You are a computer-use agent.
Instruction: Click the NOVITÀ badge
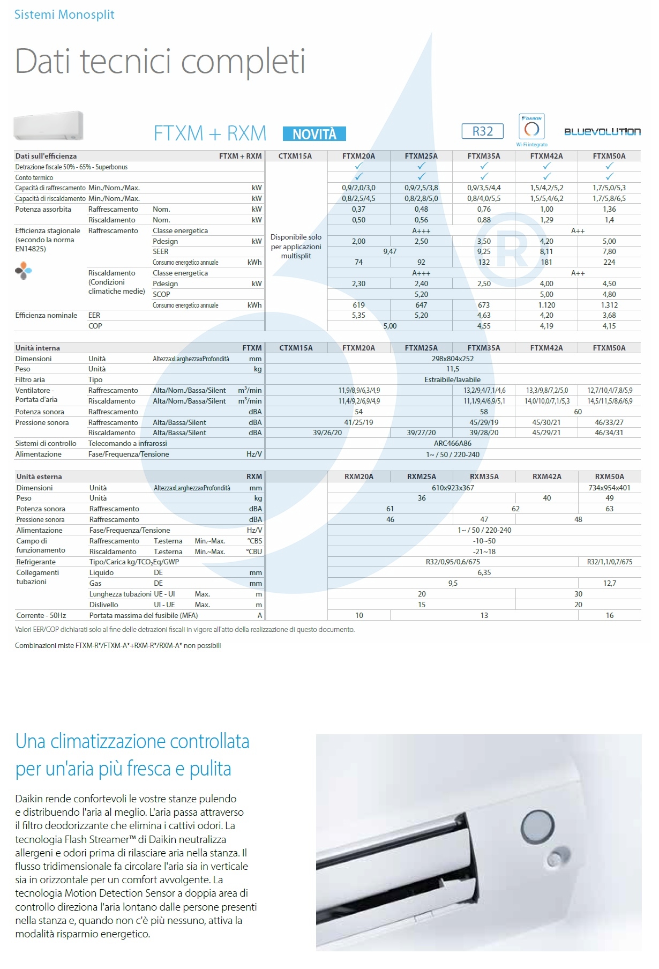tap(314, 134)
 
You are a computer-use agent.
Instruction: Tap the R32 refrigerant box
tap(482, 131)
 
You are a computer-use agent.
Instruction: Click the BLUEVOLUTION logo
tap(602, 132)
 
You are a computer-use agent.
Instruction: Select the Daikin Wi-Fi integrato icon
tap(531, 129)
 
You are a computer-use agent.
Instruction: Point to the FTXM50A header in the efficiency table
tap(609, 156)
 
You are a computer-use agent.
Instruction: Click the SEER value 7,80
tap(609, 251)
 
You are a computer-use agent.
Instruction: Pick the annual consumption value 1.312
tap(609, 305)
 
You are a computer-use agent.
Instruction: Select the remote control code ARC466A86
tap(453, 443)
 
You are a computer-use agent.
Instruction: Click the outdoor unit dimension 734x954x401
tap(610, 488)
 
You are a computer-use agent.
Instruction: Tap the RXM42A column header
tap(546, 476)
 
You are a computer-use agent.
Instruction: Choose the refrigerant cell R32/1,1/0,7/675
tap(610, 562)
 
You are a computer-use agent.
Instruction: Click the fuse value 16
tap(610, 615)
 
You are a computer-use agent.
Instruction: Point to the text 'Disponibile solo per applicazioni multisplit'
tap(296, 247)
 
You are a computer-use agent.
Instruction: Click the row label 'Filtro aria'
tap(30, 379)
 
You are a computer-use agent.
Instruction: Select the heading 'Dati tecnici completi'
tap(160, 62)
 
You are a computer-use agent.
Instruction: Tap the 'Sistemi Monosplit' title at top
tap(64, 14)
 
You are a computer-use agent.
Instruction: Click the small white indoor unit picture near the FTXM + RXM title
tap(49, 125)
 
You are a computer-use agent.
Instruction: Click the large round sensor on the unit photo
tap(537, 825)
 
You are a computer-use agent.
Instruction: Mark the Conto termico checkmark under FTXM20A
tap(359, 177)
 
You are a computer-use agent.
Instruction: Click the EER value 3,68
tap(609, 315)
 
